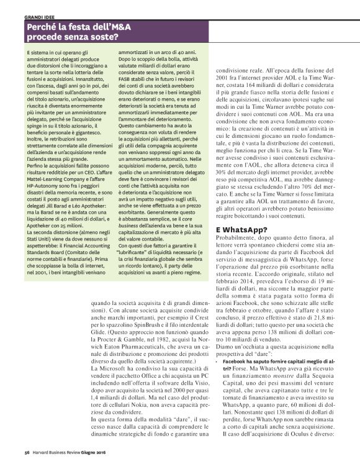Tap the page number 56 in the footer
coord(27,460)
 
